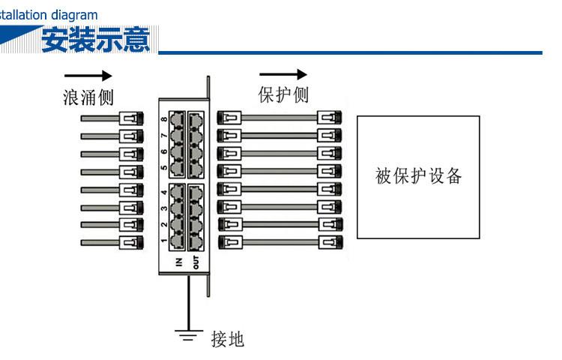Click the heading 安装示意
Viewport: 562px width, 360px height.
pos(95,40)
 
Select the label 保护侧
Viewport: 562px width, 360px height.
pos(283,95)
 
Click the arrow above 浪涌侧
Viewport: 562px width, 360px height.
pos(88,76)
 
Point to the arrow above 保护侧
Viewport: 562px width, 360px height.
pos(283,74)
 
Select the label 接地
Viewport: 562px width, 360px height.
pos(228,339)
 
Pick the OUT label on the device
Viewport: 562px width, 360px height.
pos(196,261)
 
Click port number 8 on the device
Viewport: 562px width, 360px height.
pos(164,119)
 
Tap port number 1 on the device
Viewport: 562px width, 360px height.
pos(164,241)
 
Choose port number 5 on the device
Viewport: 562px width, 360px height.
pos(164,167)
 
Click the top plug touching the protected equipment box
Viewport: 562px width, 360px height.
pos(329,117)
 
